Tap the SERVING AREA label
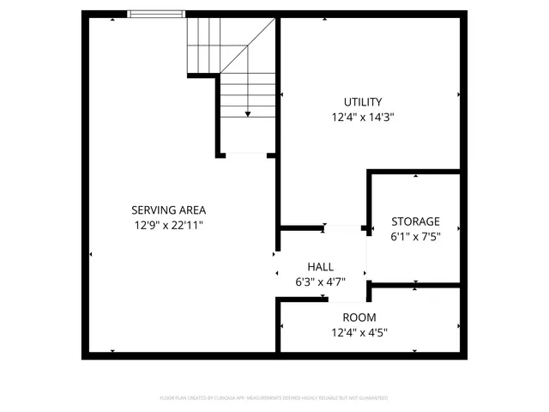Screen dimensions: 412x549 click(168, 209)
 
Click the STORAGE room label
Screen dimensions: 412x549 click(415, 221)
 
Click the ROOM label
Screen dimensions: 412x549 click(359, 318)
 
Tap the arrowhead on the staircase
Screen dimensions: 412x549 click(248, 112)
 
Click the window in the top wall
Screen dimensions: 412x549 click(156, 14)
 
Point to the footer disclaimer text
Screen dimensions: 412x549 click(274, 398)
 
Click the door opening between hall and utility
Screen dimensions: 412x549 click(345, 228)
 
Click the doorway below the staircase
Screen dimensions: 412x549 click(246, 155)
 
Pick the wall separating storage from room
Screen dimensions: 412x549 click(416, 284)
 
